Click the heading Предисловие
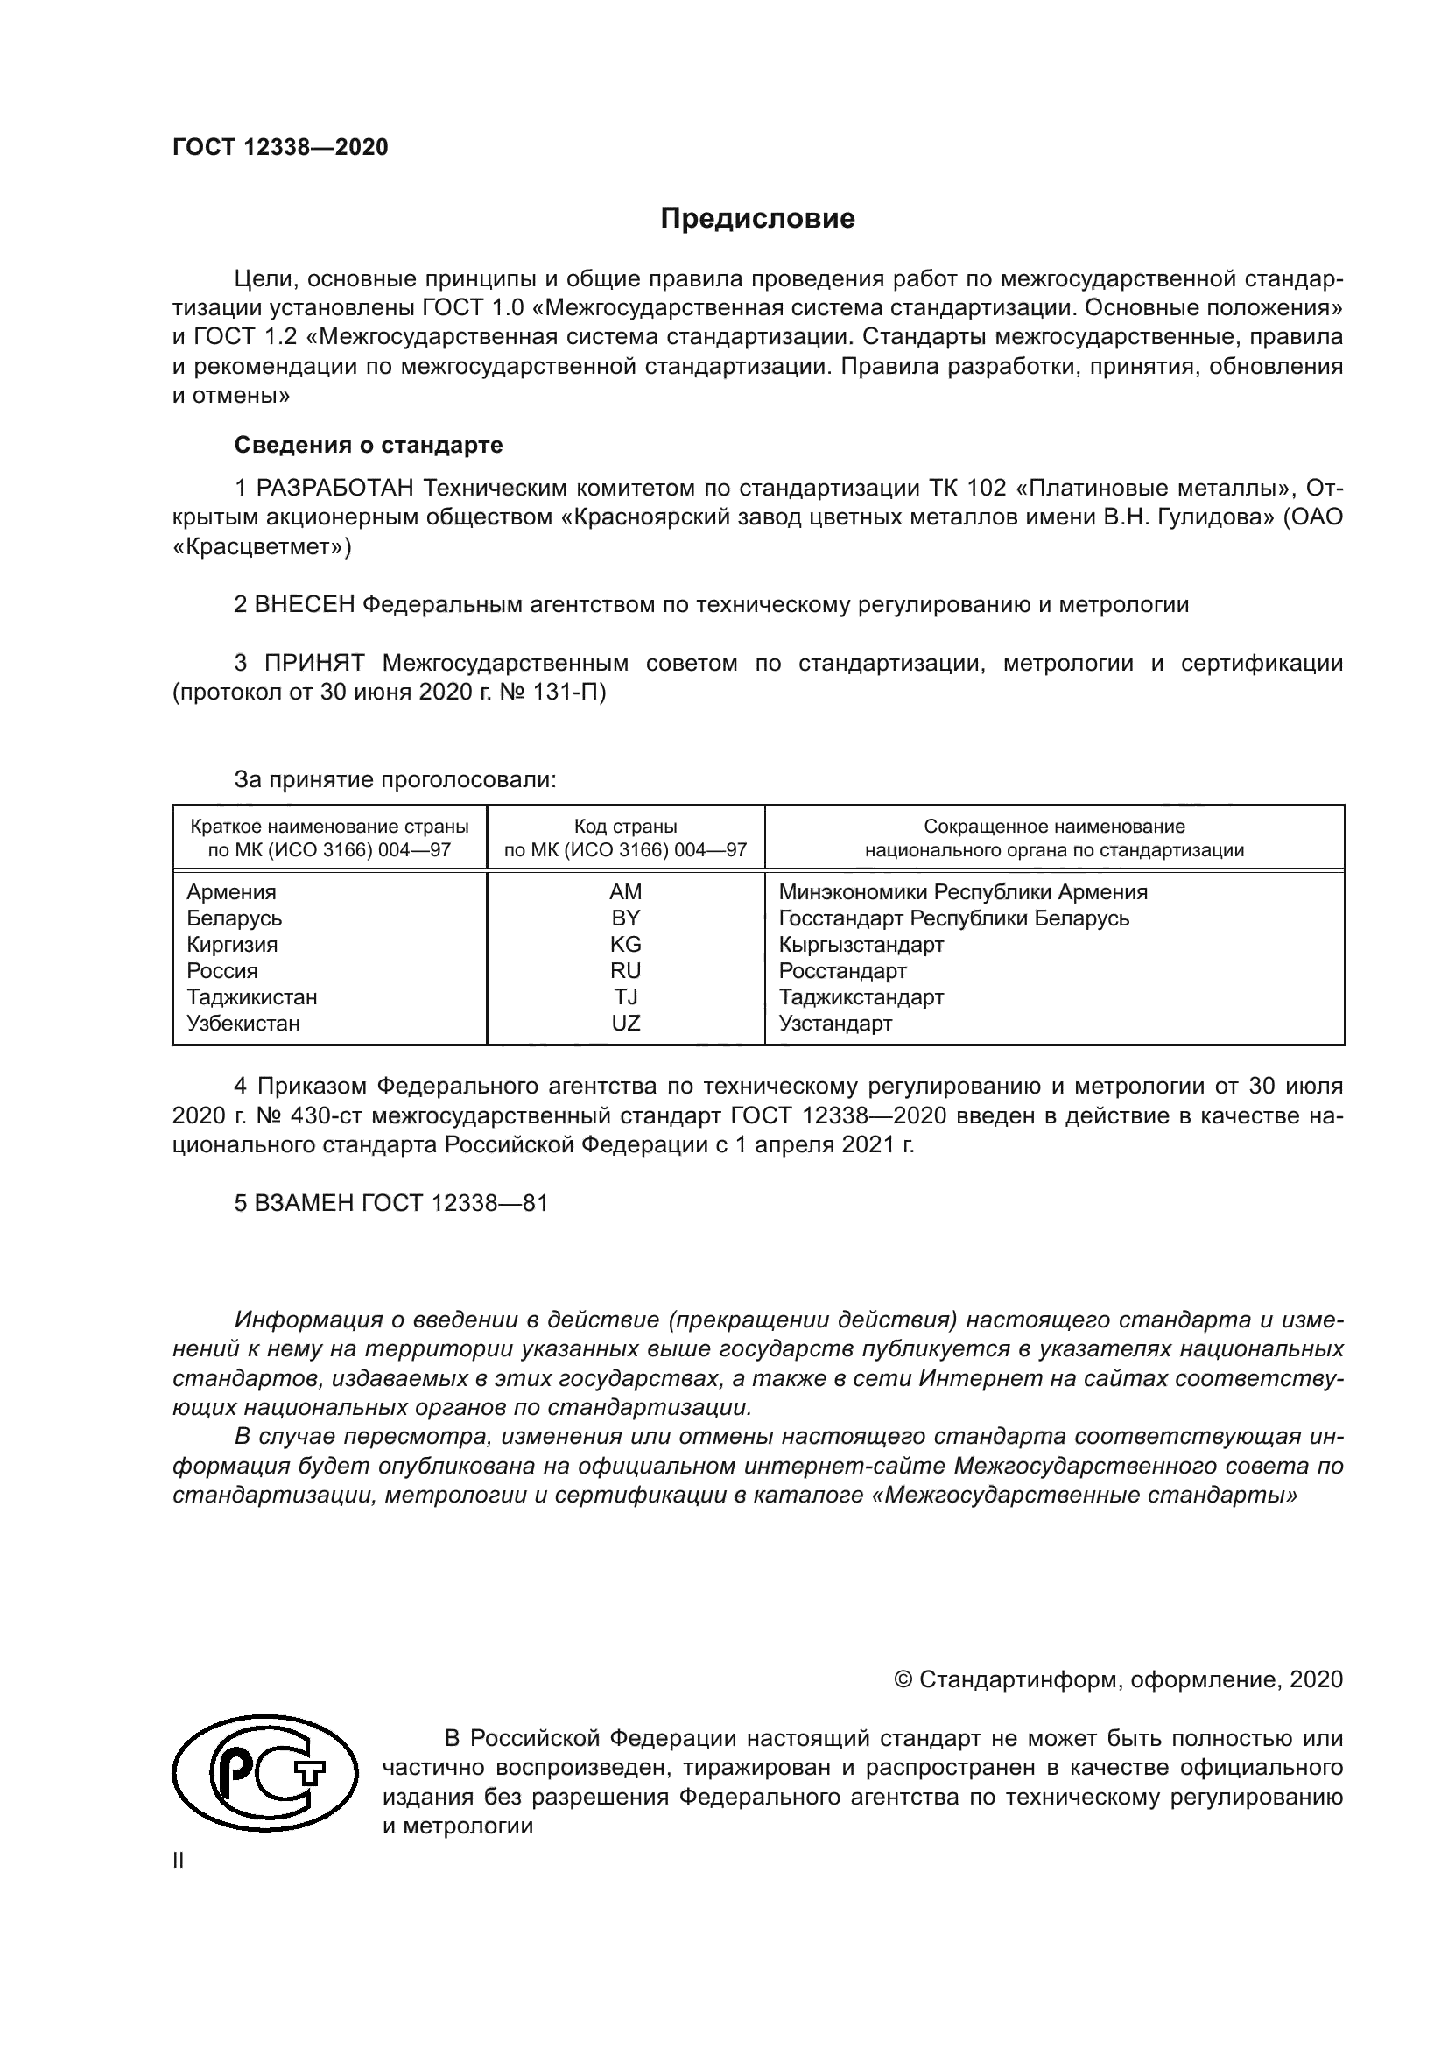click(757, 219)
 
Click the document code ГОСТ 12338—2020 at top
click(280, 148)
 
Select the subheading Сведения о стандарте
click(369, 444)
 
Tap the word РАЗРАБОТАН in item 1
click(335, 488)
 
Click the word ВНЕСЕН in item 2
click(304, 605)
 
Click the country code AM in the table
click(625, 892)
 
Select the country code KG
click(625, 945)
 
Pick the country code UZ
click(625, 1023)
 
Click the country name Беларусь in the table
click(235, 918)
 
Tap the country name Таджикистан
click(251, 997)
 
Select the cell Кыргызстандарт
click(861, 945)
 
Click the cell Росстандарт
click(841, 970)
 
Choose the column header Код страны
click(625, 827)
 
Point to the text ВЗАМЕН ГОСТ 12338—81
click(390, 1203)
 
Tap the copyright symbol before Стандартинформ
click(903, 1679)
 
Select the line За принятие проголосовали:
click(395, 779)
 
